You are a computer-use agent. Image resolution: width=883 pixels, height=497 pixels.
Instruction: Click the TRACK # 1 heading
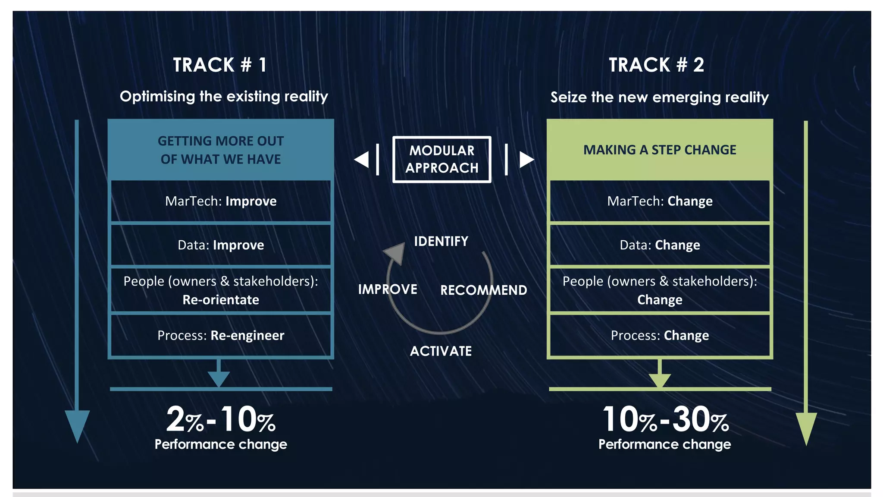(220, 65)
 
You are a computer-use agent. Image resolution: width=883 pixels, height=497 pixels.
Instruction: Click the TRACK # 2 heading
(656, 65)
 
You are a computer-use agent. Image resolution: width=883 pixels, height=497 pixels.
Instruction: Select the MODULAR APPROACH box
(441, 159)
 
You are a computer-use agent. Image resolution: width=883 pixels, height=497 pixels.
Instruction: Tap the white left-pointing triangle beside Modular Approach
(362, 159)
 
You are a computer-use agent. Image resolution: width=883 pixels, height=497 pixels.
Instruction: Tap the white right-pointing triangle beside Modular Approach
(526, 159)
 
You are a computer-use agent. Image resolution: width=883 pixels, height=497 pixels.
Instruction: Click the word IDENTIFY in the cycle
(441, 241)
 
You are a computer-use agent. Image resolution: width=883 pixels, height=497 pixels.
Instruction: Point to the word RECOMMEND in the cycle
(483, 290)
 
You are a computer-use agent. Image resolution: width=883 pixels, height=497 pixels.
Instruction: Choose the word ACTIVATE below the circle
(441, 351)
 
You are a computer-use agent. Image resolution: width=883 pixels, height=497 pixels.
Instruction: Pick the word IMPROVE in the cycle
(388, 289)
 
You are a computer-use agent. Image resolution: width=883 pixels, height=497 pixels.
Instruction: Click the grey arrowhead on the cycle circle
(396, 252)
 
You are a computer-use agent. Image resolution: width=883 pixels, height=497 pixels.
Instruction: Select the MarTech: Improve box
(221, 201)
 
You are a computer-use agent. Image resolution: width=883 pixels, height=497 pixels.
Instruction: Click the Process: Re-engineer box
(221, 335)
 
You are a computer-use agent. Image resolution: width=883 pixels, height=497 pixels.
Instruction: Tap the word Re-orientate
(221, 300)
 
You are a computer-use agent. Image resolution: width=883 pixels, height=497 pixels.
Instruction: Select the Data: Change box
(660, 245)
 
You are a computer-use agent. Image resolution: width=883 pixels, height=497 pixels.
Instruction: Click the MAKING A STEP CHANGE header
(660, 150)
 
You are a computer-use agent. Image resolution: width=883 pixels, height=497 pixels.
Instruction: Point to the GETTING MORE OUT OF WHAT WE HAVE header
(221, 150)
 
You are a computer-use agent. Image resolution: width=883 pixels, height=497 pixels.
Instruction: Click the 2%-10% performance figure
(221, 420)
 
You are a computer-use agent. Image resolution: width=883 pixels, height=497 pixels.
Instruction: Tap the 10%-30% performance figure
(665, 420)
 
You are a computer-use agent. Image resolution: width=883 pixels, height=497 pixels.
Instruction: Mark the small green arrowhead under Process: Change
(660, 379)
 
